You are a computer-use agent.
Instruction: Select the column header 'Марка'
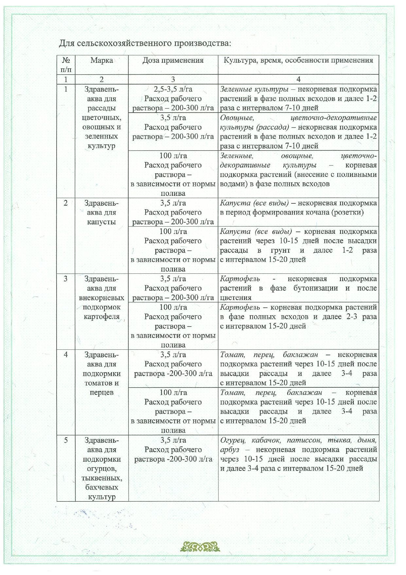point(102,60)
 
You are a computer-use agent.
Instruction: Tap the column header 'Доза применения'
point(173,60)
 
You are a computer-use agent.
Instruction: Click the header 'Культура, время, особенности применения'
point(298,60)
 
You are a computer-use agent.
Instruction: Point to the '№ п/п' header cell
point(66,65)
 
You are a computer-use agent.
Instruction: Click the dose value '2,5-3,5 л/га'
point(173,89)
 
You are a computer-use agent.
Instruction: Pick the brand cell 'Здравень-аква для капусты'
point(102,212)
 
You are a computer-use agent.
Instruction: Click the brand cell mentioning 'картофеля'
point(102,298)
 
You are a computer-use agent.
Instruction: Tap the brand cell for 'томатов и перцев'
point(102,374)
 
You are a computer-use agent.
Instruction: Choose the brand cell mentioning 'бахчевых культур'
point(102,468)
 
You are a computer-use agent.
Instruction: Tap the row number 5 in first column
point(66,440)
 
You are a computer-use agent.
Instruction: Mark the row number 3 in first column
point(66,279)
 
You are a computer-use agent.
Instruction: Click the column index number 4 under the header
point(298,79)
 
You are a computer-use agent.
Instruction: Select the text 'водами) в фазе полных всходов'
point(275,184)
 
